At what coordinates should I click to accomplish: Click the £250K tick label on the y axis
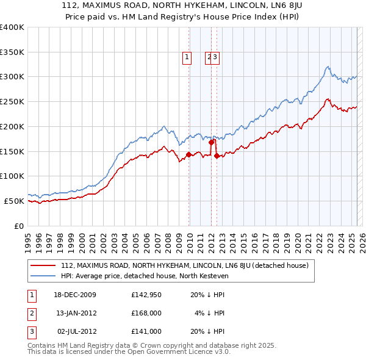(x=12, y=101)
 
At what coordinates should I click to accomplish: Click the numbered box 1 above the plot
(x=186, y=58)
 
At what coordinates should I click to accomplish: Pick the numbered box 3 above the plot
(x=216, y=58)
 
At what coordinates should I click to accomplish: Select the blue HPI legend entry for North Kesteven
(x=144, y=275)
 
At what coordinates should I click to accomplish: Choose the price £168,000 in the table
(x=146, y=313)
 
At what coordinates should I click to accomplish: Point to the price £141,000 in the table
(x=146, y=331)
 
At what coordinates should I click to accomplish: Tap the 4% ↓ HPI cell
(x=209, y=313)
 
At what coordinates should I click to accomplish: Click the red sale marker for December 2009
(x=189, y=154)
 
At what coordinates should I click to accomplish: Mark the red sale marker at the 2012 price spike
(x=211, y=142)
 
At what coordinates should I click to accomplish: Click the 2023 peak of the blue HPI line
(x=328, y=67)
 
